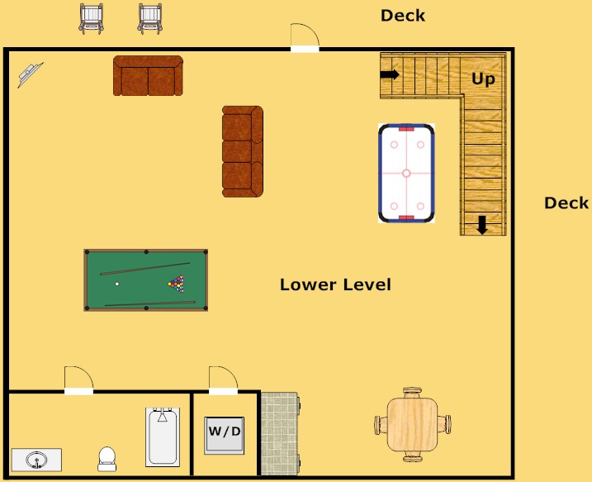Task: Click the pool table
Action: point(146,280)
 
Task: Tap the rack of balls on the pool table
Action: point(177,283)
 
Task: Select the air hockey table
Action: point(406,173)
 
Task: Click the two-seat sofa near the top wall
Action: point(148,76)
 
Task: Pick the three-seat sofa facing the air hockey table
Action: point(242,151)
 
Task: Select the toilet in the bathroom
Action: point(107,459)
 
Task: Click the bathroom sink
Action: point(36,460)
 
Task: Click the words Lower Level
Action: point(335,285)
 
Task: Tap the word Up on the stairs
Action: point(483,79)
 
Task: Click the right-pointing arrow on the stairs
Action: point(390,74)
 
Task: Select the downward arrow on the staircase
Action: point(481,225)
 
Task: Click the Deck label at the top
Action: point(403,15)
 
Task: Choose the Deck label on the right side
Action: point(566,203)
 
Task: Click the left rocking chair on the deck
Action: point(92,18)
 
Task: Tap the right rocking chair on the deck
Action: point(150,18)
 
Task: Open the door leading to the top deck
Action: point(305,41)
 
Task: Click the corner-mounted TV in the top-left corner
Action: point(31,74)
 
